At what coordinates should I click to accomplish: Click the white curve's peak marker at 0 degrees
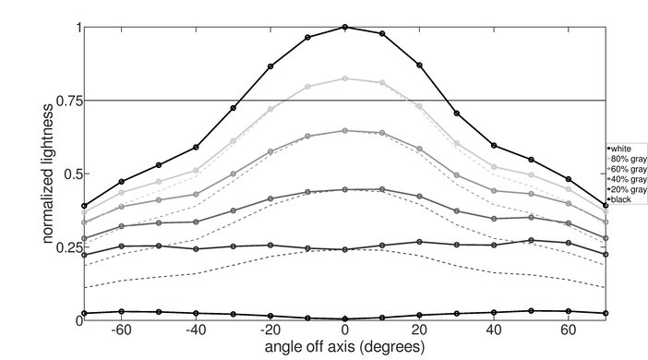point(345,27)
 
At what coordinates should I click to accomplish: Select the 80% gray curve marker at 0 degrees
point(345,78)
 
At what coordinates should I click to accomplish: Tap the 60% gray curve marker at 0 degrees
point(345,131)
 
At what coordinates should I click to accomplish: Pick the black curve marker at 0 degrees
point(345,318)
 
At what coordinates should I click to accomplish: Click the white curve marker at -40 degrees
point(196,147)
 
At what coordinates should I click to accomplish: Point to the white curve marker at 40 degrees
point(495,146)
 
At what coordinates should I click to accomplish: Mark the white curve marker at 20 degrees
point(420,66)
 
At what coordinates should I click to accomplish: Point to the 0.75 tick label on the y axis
point(65,100)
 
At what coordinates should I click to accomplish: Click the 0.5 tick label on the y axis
point(68,174)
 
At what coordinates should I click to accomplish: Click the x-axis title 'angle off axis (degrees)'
point(345,348)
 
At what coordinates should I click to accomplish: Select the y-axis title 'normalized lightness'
point(45,174)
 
